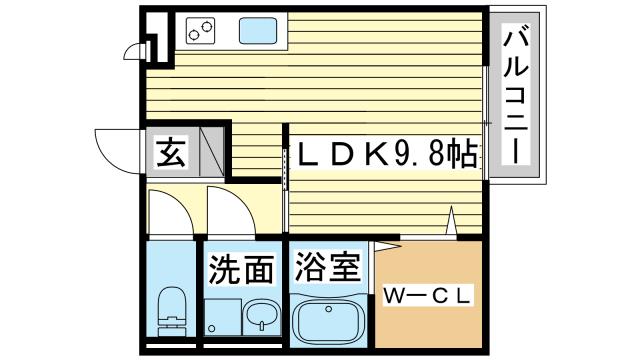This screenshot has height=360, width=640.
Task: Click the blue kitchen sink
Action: click(257, 31)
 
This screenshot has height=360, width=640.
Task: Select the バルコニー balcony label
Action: click(517, 96)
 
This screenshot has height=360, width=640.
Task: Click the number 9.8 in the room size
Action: click(419, 154)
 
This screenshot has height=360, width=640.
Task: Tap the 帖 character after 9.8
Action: click(462, 154)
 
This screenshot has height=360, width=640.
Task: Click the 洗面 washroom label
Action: click(241, 270)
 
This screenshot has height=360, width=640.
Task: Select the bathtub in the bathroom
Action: click(329, 321)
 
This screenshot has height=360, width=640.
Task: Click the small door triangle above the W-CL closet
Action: click(453, 222)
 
